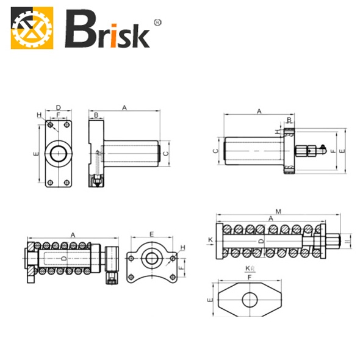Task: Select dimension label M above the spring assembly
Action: point(278,212)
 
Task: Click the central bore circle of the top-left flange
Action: point(59,153)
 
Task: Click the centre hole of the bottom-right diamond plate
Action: point(250,300)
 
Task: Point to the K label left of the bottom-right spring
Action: point(210,240)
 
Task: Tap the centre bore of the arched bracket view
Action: point(151,258)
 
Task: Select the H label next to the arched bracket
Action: point(182,247)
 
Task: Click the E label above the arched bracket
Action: point(151,234)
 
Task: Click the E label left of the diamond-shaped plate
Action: point(209,301)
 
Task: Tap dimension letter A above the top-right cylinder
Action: point(259,112)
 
